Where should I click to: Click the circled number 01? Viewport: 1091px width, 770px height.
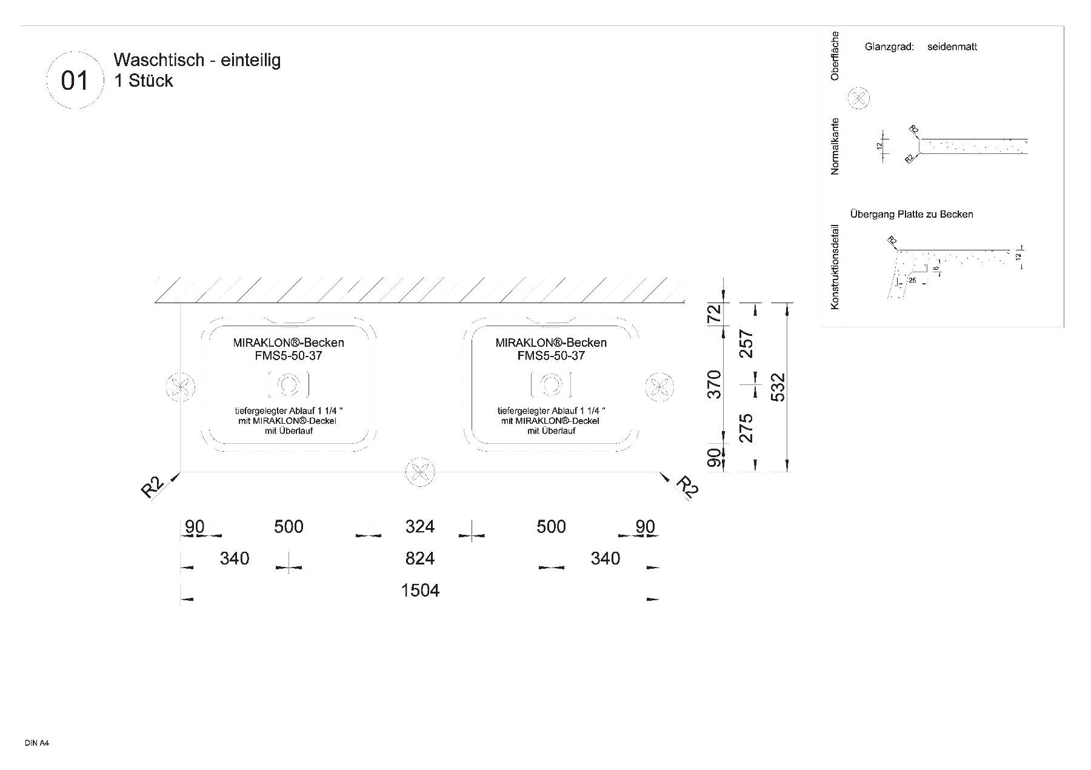point(75,80)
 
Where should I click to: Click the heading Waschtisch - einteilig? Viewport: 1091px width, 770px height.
point(197,60)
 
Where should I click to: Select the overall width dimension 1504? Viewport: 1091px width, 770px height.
point(420,590)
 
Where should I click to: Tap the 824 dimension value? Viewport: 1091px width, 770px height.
point(420,558)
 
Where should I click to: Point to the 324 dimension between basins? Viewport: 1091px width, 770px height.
point(420,526)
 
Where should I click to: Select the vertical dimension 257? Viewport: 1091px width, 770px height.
point(747,344)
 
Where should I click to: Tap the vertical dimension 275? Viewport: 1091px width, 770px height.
point(747,427)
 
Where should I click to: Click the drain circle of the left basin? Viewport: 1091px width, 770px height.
point(288,384)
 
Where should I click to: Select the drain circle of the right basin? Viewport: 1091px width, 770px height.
point(551,384)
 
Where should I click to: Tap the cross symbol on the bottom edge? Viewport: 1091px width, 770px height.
point(420,472)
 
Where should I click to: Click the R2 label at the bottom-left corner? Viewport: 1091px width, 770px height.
point(152,487)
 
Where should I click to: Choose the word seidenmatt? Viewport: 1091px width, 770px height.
point(952,47)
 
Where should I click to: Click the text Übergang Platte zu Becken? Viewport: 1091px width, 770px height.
point(912,214)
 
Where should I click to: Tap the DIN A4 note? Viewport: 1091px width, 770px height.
point(36,743)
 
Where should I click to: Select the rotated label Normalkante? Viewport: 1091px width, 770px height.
point(835,146)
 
